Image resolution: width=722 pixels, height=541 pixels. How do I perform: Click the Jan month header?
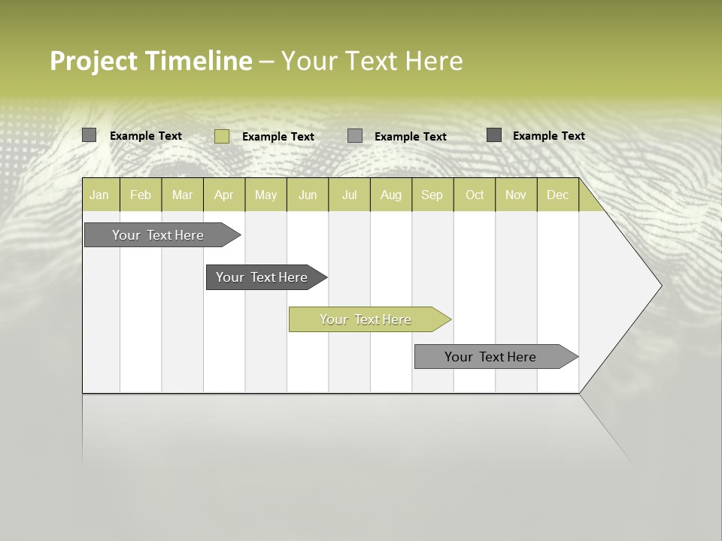pyautogui.click(x=99, y=195)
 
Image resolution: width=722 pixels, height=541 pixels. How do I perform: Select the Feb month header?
pyautogui.click(x=141, y=195)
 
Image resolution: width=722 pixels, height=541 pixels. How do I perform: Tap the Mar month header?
pyautogui.click(x=182, y=195)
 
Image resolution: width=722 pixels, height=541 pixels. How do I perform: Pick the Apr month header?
pyautogui.click(x=223, y=195)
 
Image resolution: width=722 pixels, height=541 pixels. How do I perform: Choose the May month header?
pyautogui.click(x=265, y=195)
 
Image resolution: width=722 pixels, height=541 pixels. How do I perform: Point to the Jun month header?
pyautogui.click(x=308, y=195)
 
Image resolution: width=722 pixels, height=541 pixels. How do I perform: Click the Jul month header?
pyautogui.click(x=349, y=195)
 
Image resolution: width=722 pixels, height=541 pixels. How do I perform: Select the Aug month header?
pyautogui.click(x=391, y=195)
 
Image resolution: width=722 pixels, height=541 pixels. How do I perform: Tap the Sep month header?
pyautogui.click(x=432, y=195)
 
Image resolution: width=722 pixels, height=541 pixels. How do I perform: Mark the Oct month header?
pyautogui.click(x=475, y=195)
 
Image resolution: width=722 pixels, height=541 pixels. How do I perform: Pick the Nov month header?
pyautogui.click(x=516, y=195)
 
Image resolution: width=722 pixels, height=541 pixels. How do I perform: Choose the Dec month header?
pyautogui.click(x=557, y=195)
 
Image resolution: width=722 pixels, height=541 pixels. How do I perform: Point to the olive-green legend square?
pyautogui.click(x=222, y=136)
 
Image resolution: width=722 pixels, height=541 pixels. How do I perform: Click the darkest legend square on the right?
pyautogui.click(x=494, y=135)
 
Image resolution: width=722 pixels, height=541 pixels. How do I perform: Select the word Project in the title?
pyautogui.click(x=94, y=61)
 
